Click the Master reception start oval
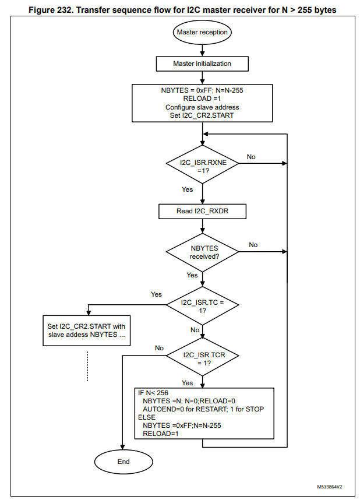[202, 32]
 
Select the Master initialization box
[202, 64]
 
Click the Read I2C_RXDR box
[202, 211]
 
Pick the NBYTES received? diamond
[202, 252]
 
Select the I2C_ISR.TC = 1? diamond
[202, 307]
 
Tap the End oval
[123, 461]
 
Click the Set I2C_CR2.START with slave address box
[86, 330]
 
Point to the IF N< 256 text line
[153, 393]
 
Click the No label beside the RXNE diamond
[251, 157]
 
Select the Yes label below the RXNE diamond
[188, 189]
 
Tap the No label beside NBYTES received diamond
[253, 245]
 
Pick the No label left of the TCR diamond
[159, 348]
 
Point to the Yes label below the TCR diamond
[188, 383]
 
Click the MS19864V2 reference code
[330, 486]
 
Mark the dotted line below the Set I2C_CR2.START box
[87, 366]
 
